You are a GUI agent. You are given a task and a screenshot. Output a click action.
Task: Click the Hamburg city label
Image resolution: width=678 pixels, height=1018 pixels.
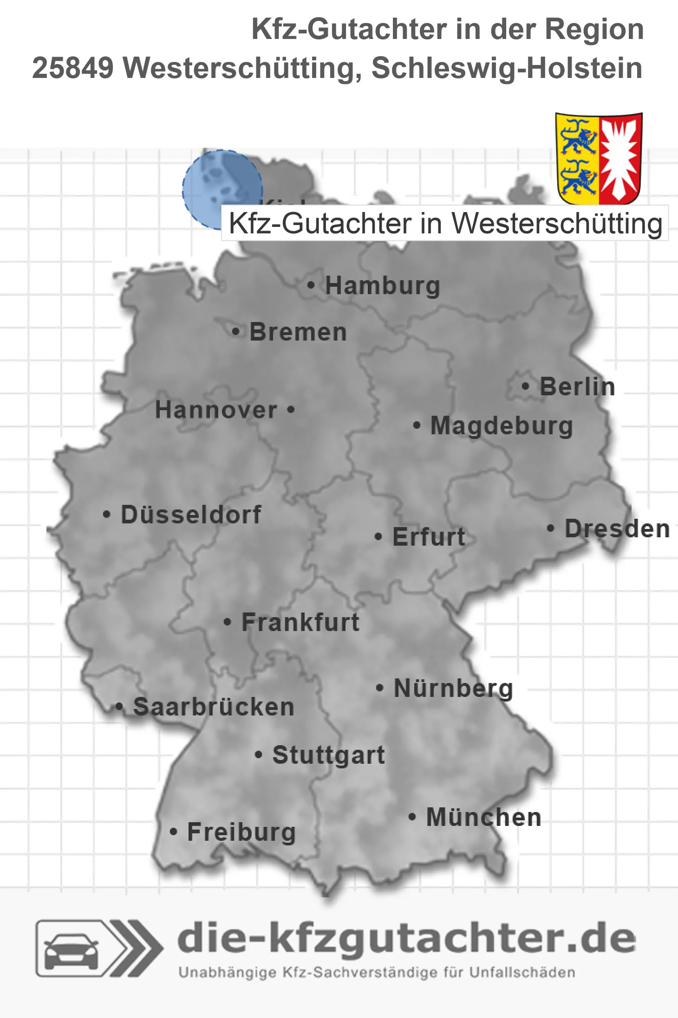tap(382, 285)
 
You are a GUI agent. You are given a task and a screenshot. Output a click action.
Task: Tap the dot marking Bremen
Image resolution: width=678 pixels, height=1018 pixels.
tap(236, 332)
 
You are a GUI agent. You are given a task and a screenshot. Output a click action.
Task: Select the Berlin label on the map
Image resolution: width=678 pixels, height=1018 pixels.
tap(577, 387)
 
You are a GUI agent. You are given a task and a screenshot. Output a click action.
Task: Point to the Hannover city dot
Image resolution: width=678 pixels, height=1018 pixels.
tap(291, 410)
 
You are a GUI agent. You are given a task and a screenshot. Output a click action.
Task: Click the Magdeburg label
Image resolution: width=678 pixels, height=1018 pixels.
tap(502, 425)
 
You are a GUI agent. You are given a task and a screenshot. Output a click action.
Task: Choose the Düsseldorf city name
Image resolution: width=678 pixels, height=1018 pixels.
tap(191, 515)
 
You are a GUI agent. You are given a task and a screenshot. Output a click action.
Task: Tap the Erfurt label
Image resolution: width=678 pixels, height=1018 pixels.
tap(429, 537)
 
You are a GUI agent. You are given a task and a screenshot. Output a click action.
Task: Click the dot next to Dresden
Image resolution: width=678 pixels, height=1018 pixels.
tap(550, 528)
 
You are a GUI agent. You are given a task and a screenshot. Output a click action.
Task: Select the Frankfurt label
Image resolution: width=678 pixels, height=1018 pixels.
tap(300, 622)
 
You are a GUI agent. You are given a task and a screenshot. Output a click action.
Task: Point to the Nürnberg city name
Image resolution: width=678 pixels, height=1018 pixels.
tap(453, 688)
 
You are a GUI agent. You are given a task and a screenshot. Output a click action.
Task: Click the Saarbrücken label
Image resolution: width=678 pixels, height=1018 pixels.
tap(214, 707)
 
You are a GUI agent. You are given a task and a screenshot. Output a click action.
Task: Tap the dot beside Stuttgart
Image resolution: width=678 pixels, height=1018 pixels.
tap(259, 755)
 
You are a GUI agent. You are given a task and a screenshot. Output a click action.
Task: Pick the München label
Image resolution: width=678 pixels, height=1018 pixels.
tap(484, 817)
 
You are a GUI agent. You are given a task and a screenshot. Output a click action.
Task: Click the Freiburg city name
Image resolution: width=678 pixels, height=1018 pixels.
tap(241, 832)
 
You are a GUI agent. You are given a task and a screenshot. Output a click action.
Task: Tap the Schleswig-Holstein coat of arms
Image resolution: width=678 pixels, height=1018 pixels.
tap(599, 158)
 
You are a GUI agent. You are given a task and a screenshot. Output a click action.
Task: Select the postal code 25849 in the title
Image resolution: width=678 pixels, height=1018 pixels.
tap(73, 68)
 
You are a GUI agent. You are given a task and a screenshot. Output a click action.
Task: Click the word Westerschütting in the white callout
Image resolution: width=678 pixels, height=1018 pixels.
tap(557, 224)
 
